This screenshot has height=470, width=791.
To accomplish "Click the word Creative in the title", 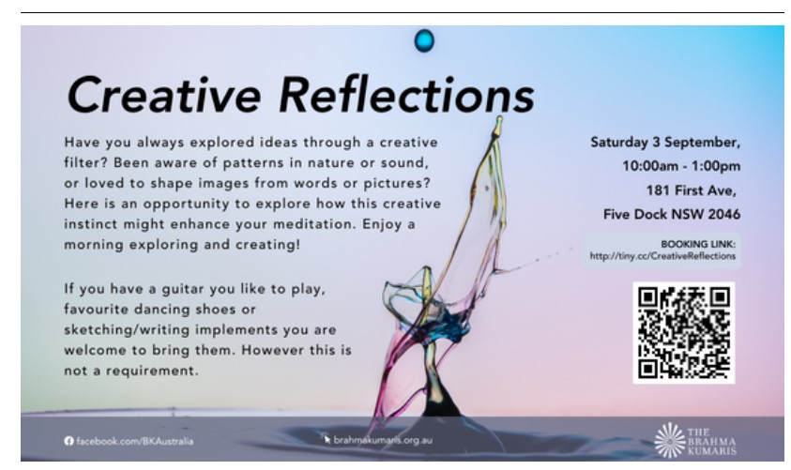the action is tap(164, 95).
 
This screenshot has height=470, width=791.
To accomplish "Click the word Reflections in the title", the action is tap(406, 95).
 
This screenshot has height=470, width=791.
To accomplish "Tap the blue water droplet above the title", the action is tap(424, 40).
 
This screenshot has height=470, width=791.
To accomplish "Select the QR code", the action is tap(683, 332).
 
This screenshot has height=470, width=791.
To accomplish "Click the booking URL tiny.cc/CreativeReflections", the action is tap(662, 256).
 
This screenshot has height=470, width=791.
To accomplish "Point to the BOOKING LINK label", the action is tap(698, 244).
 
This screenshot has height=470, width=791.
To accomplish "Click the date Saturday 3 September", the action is tap(665, 143).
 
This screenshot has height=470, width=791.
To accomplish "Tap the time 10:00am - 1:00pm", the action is tap(681, 166).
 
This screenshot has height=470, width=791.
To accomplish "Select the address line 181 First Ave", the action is tap(692, 190).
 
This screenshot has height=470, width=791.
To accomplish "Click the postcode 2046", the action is tap(723, 214).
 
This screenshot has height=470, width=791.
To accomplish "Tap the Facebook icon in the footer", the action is tap(69, 441).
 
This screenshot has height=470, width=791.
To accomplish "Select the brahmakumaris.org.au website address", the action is tap(383, 440).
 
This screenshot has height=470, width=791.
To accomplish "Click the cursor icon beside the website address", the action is tap(325, 437).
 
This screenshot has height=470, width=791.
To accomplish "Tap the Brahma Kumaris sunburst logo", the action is tap(670, 440).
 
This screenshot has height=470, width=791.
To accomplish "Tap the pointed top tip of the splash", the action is tap(499, 118).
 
